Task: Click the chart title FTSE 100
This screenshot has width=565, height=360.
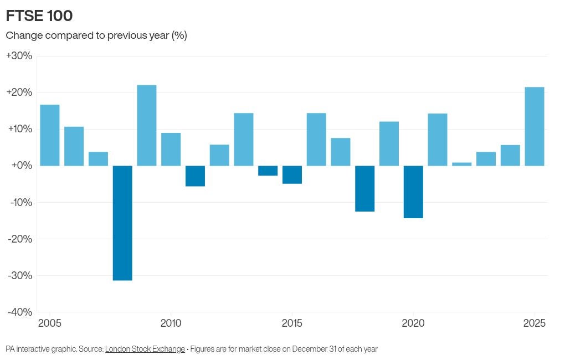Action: (39, 16)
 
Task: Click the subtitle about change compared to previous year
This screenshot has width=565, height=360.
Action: (96, 35)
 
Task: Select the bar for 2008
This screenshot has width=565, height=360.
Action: (122, 223)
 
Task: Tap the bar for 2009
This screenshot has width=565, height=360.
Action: (147, 125)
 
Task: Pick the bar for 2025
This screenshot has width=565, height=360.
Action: (535, 126)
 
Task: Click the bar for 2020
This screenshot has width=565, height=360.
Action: (413, 192)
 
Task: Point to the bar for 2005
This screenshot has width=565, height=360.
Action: (50, 135)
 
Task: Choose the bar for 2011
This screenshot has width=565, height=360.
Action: (195, 176)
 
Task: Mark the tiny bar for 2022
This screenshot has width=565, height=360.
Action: (462, 164)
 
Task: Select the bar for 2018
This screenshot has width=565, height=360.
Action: (364, 188)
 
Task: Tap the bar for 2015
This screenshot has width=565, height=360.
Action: (292, 174)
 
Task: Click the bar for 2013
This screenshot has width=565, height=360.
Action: (244, 139)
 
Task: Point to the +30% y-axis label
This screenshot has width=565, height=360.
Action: (19, 56)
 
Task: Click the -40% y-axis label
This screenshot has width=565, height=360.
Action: (20, 312)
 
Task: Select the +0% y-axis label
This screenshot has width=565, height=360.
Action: (22, 166)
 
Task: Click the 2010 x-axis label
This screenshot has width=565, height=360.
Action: (171, 323)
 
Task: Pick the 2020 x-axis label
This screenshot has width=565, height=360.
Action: (413, 323)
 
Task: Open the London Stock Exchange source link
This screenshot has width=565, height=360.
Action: (145, 349)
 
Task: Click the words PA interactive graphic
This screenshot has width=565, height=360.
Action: (41, 349)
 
